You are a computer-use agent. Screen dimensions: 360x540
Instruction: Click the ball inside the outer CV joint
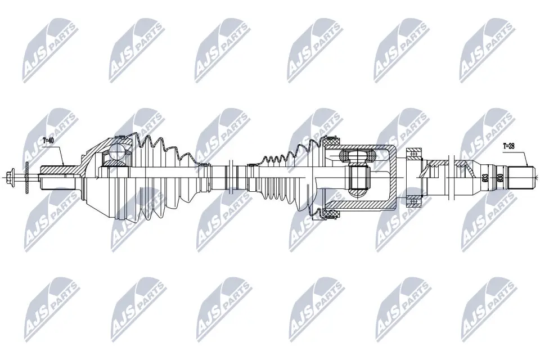click(119, 151)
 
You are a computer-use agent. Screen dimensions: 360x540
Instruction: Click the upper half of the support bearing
click(415, 154)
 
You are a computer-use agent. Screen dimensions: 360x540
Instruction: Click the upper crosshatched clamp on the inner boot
click(329, 143)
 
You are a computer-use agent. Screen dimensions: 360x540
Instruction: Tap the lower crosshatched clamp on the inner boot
click(330, 213)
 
